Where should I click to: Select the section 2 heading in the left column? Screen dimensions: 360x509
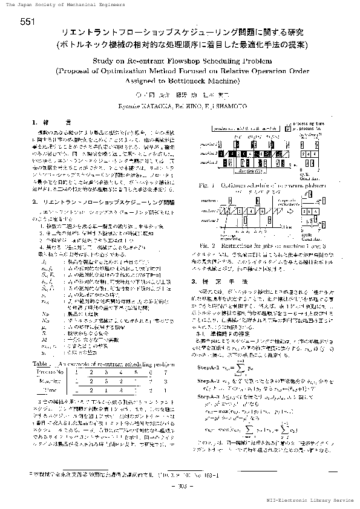pos(104,199)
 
